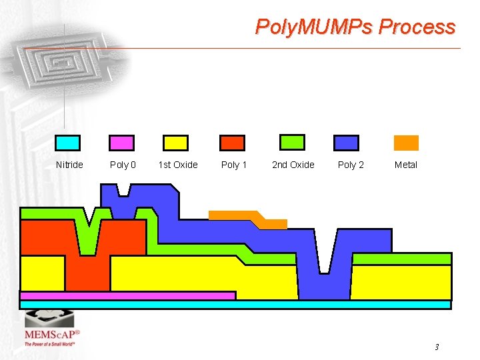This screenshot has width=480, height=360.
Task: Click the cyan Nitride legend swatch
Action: [67, 143]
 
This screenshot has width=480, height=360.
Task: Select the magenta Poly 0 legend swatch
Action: [121, 143]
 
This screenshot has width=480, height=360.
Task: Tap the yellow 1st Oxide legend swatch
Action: [176, 143]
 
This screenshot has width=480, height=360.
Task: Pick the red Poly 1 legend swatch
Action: [233, 143]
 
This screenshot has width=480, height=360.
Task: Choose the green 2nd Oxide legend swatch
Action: [291, 142]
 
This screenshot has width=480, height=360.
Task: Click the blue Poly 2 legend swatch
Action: [347, 143]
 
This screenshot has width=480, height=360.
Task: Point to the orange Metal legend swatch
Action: [406, 143]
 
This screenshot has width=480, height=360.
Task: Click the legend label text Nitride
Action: [69, 165]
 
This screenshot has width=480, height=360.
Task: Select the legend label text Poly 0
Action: [123, 165]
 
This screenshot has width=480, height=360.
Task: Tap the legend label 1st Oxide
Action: [178, 165]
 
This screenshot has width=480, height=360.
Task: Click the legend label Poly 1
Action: [234, 165]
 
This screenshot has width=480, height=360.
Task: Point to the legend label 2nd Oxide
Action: [293, 165]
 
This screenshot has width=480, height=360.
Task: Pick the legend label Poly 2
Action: [351, 165]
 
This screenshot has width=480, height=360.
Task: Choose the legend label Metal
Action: [406, 165]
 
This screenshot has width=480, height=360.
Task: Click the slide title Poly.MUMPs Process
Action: [355, 27]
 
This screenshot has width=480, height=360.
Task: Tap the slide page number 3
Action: [437, 347]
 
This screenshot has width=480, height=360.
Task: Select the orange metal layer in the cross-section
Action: [240, 216]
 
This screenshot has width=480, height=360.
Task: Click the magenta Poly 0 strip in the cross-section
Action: [127, 295]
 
